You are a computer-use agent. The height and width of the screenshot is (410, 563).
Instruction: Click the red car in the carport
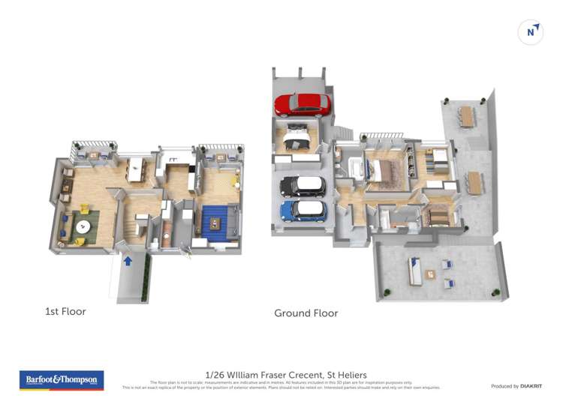click(302, 105)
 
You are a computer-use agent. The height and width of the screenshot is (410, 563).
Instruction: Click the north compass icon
click(531, 32)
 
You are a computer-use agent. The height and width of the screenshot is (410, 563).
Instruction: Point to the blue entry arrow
click(128, 261)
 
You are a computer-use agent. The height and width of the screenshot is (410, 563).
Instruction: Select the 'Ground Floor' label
click(306, 313)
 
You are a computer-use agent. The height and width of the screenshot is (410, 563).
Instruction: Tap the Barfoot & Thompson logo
click(61, 380)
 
